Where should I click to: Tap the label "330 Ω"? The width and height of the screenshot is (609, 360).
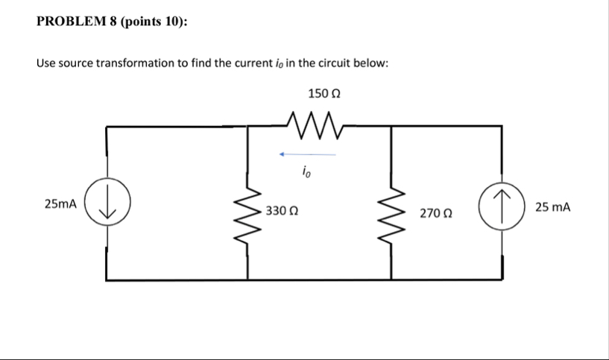(283, 212)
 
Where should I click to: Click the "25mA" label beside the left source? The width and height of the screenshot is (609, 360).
(60, 203)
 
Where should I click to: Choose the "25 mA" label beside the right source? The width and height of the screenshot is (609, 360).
(552, 206)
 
